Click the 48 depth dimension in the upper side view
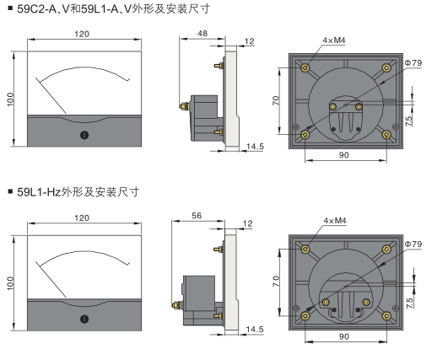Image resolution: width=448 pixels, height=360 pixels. [202, 34]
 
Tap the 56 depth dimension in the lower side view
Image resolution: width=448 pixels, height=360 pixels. [197, 216]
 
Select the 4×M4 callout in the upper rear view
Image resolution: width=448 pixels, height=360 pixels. [334, 40]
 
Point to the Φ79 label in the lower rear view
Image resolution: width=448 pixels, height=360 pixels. [413, 244]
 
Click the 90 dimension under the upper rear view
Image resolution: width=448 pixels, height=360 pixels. [344, 155]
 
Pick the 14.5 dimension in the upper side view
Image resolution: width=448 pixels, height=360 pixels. [255, 147]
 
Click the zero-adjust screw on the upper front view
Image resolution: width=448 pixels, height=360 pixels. [84, 135]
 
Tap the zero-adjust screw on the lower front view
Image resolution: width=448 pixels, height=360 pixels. [84, 319]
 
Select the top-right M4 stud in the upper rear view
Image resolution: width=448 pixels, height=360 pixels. [386, 68]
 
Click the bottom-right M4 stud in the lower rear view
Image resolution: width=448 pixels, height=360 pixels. [386, 316]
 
